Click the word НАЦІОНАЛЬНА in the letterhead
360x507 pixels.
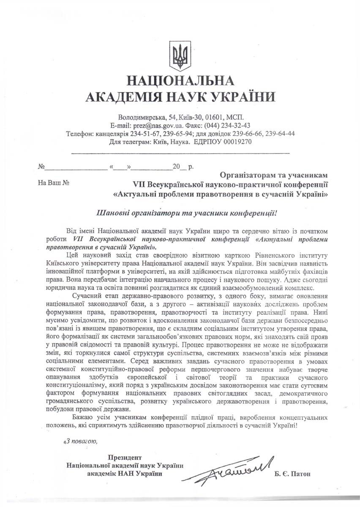pyautogui.click(x=180, y=81)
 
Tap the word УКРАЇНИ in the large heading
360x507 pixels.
pyautogui.click(x=239, y=98)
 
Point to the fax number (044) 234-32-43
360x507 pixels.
pyautogui.click(x=227, y=125)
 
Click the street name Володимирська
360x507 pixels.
pyautogui.click(x=142, y=117)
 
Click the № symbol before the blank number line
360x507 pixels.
pyautogui.click(x=41, y=167)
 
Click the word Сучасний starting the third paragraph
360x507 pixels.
pyautogui.click(x=85, y=295)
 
